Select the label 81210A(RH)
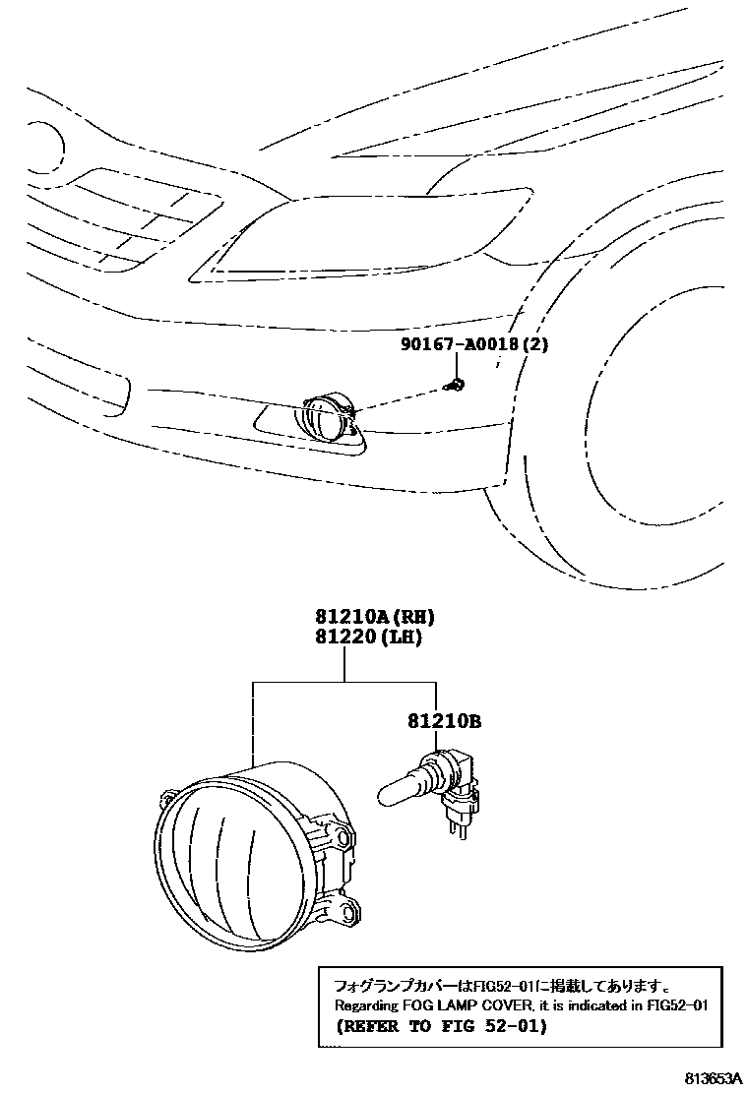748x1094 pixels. click(x=374, y=617)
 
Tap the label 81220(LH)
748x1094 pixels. click(x=368, y=638)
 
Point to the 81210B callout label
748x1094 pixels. click(x=443, y=721)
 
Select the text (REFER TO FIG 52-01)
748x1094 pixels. click(x=440, y=1027)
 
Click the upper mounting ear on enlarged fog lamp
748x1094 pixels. click(x=337, y=836)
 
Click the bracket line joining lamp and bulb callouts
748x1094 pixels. click(x=344, y=682)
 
